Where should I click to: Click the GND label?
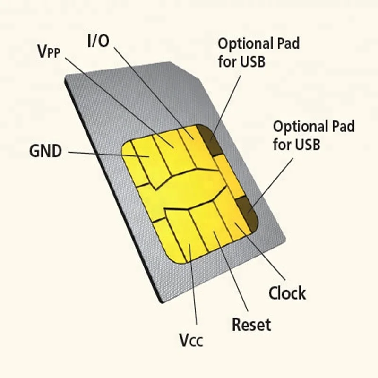(x=45, y=152)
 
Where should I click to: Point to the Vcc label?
(x=191, y=340)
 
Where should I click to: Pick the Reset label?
(x=251, y=325)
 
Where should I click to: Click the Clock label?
(x=287, y=293)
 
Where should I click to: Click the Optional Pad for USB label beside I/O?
(x=258, y=52)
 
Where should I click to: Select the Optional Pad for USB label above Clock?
(x=314, y=135)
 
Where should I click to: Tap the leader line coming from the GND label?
(x=94, y=153)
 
